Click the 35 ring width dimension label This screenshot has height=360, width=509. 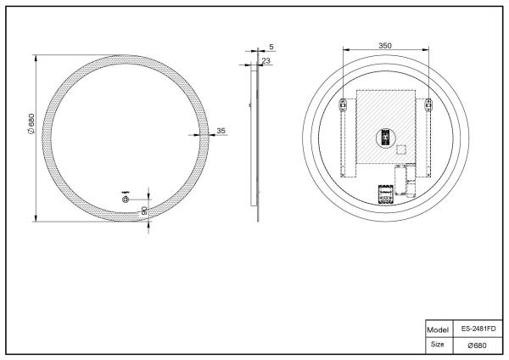[x=221, y=131]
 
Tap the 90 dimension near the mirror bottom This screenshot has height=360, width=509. [x=145, y=210]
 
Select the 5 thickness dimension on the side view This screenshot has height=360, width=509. [x=270, y=46]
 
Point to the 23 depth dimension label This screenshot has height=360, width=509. [x=266, y=60]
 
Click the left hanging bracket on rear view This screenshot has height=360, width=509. [x=344, y=106]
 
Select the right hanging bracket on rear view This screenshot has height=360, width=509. [x=428, y=106]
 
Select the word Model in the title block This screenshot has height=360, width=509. [x=436, y=327]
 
